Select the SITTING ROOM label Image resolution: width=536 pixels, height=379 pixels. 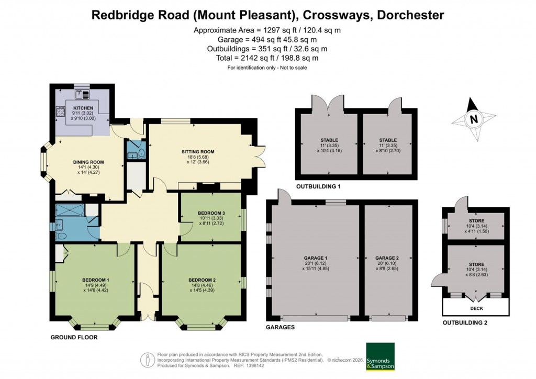[194, 152]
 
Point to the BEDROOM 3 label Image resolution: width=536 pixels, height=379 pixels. [211, 213]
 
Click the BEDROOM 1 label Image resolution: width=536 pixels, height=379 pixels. [95, 280]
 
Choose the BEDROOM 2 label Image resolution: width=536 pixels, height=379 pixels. [202, 280]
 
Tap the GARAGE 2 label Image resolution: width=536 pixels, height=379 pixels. [387, 258]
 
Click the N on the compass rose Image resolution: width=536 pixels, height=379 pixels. [473, 119]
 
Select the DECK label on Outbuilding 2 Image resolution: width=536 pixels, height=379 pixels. [476, 308]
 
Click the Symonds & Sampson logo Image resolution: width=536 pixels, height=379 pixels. [380, 357]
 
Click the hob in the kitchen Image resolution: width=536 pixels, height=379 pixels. [61, 112]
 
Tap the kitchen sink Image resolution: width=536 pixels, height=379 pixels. [82, 95]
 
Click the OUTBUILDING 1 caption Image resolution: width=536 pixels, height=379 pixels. [318, 187]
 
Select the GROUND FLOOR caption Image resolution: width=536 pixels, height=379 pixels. [74, 338]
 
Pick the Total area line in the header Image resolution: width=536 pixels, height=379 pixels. [267, 58]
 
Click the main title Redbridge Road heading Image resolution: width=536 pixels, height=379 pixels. [267, 14]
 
